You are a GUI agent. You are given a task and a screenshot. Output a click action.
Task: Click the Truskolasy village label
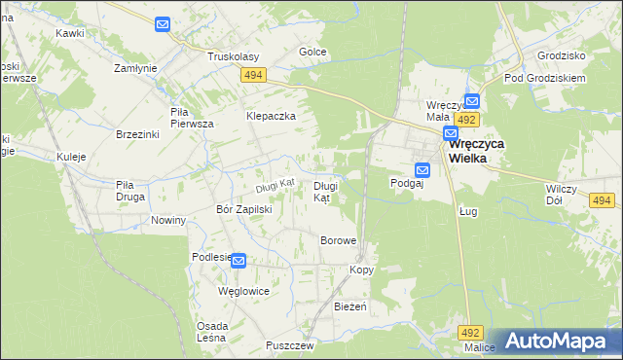[233, 56]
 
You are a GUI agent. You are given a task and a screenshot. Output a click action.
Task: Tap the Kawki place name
[69, 32]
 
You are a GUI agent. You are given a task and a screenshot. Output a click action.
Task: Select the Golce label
[312, 52]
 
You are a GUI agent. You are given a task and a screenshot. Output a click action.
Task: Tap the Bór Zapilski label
[243, 209]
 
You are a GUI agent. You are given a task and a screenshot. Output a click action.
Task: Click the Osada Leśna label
[212, 332]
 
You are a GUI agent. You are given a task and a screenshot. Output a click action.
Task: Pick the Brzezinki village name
[136, 134]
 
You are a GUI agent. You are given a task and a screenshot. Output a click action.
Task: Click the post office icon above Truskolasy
[163, 23]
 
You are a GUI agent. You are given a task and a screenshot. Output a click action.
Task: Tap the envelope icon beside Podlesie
[238, 261]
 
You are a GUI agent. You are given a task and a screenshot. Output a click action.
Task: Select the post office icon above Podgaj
[422, 167]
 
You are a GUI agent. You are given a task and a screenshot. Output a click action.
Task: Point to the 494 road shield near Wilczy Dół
[603, 200]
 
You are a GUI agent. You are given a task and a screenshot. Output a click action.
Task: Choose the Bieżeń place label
[349, 306]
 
